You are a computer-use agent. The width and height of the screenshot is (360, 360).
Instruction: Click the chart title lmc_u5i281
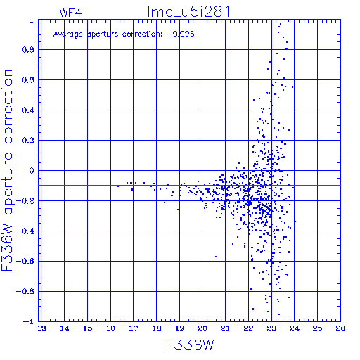click(188, 12)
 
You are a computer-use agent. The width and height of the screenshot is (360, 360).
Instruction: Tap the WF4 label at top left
click(70, 13)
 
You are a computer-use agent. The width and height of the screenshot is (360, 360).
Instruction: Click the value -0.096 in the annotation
click(181, 34)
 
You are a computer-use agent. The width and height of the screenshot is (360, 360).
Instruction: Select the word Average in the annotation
click(68, 34)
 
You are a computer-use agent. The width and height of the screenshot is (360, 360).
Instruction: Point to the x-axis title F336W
click(190, 345)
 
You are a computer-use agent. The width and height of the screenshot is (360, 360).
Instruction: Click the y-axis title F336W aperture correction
click(7, 170)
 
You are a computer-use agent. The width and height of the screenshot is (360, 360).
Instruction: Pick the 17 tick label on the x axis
click(134, 328)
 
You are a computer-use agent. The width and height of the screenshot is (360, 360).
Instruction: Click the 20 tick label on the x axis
click(202, 328)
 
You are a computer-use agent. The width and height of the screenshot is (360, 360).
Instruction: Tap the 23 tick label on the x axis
click(271, 328)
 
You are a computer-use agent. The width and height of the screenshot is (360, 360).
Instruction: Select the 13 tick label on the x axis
click(41, 328)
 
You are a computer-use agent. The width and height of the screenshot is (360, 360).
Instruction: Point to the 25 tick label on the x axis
click(317, 328)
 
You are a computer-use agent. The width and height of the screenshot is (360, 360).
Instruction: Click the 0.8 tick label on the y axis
click(28, 50)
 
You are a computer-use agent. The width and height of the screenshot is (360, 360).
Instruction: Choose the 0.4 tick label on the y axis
click(28, 110)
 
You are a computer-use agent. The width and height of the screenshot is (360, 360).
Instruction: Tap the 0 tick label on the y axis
click(32, 171)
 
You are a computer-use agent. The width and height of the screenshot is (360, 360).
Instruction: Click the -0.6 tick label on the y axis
click(25, 261)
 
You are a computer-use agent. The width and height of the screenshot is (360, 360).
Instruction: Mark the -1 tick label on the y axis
click(29, 321)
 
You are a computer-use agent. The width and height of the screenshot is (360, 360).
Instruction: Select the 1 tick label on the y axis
click(32, 20)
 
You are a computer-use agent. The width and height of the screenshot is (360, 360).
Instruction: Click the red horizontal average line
click(189, 185)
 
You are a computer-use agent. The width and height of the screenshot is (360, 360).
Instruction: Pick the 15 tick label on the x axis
click(88, 328)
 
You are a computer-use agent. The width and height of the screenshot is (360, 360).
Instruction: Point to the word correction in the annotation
click(142, 34)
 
